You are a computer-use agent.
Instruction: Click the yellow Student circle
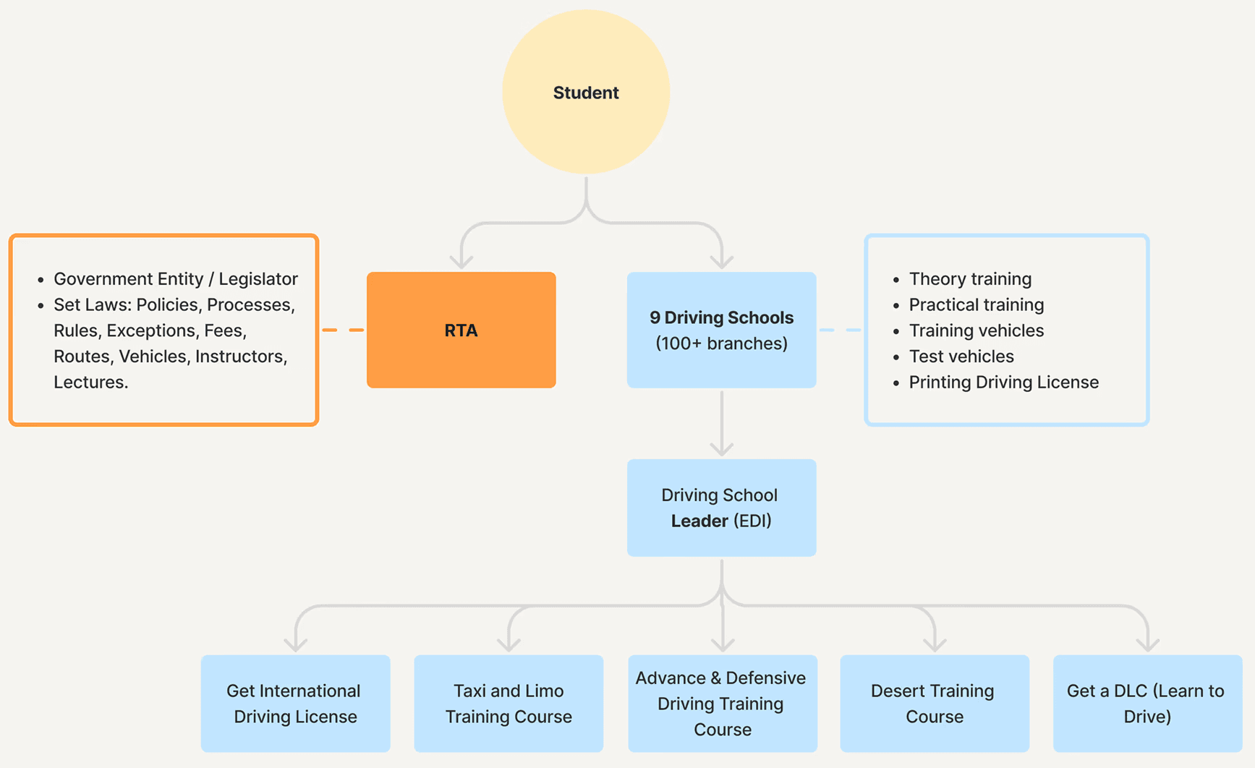pyautogui.click(x=586, y=92)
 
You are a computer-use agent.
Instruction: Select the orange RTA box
pyautogui.click(x=461, y=330)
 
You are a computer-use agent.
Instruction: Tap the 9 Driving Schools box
pyautogui.click(x=722, y=330)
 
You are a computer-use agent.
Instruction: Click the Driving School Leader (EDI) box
pyautogui.click(x=722, y=508)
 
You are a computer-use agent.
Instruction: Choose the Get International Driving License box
pyautogui.click(x=296, y=704)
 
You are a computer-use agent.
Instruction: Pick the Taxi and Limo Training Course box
pyautogui.click(x=509, y=704)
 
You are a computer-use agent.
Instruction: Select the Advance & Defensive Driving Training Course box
pyautogui.click(x=723, y=704)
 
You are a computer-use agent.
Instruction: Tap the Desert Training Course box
pyautogui.click(x=935, y=704)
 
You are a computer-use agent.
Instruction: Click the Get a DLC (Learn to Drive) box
pyautogui.click(x=1148, y=704)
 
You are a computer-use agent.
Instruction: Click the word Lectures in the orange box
pyautogui.click(x=90, y=382)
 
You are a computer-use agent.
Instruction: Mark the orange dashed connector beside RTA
pyautogui.click(x=343, y=330)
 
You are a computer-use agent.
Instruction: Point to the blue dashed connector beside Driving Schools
pyautogui.click(x=841, y=330)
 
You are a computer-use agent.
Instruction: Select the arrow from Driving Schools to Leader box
pyautogui.click(x=722, y=424)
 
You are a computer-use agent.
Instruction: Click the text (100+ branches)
pyautogui.click(x=722, y=344)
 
